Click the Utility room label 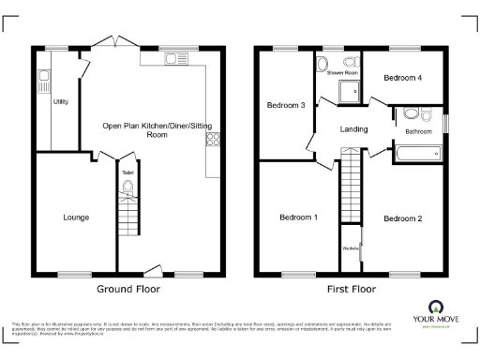(x=60, y=100)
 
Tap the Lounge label (x=76, y=217)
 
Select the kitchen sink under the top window (x=173, y=59)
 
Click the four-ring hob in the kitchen (x=213, y=142)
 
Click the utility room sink (x=43, y=80)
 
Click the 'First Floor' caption (x=351, y=290)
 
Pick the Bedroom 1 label (x=298, y=217)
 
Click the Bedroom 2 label (x=403, y=217)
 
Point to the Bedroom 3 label (x=285, y=105)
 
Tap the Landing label (x=353, y=129)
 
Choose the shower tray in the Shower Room (x=349, y=90)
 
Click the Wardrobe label (x=351, y=248)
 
